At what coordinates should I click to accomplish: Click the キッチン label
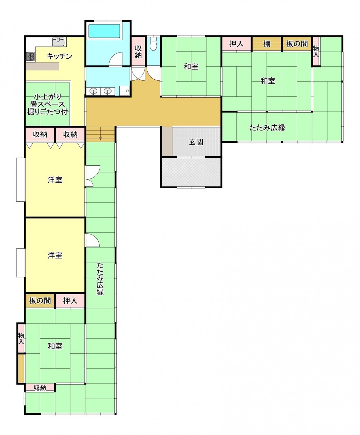pos(59,56)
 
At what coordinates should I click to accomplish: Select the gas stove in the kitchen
pos(30,56)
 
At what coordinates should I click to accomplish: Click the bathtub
pos(104,31)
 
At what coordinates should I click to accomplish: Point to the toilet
pos(153,43)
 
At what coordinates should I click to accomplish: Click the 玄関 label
pos(196,142)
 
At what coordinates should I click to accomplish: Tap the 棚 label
pos(267,44)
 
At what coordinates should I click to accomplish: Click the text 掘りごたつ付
pos(47,112)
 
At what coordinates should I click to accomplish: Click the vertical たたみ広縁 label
pos(100,278)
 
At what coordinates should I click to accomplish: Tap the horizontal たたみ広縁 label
pos(267,128)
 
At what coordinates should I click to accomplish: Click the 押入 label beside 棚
pos(236,44)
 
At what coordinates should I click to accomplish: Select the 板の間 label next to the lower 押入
pos(40,301)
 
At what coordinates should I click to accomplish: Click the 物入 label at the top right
pos(316,52)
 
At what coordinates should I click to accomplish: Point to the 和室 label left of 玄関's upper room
pos(191,66)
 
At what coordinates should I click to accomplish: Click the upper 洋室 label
pos(55,180)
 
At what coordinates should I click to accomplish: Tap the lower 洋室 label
pos(55,256)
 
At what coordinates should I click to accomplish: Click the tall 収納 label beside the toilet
pos(138,52)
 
